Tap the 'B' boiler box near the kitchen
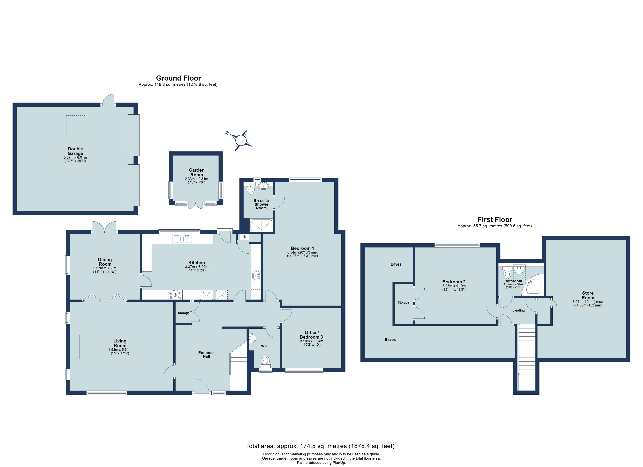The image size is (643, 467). [x=244, y=237]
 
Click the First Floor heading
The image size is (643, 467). [x=495, y=219]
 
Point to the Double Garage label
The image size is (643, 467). [x=75, y=151]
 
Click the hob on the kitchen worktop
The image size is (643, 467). [x=176, y=295]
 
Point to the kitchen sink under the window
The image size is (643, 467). [x=187, y=239]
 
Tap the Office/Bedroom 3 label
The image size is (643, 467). [x=311, y=334]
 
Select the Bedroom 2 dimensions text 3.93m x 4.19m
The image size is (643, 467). [x=454, y=286]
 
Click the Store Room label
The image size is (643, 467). [x=588, y=295]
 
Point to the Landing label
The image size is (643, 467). [x=518, y=310]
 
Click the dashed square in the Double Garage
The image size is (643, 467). [x=76, y=125]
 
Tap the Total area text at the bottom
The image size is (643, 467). [x=320, y=446]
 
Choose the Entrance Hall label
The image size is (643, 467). [x=206, y=355]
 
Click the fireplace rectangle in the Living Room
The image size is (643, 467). [x=75, y=347]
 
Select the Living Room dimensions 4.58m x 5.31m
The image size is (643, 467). [x=120, y=350]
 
